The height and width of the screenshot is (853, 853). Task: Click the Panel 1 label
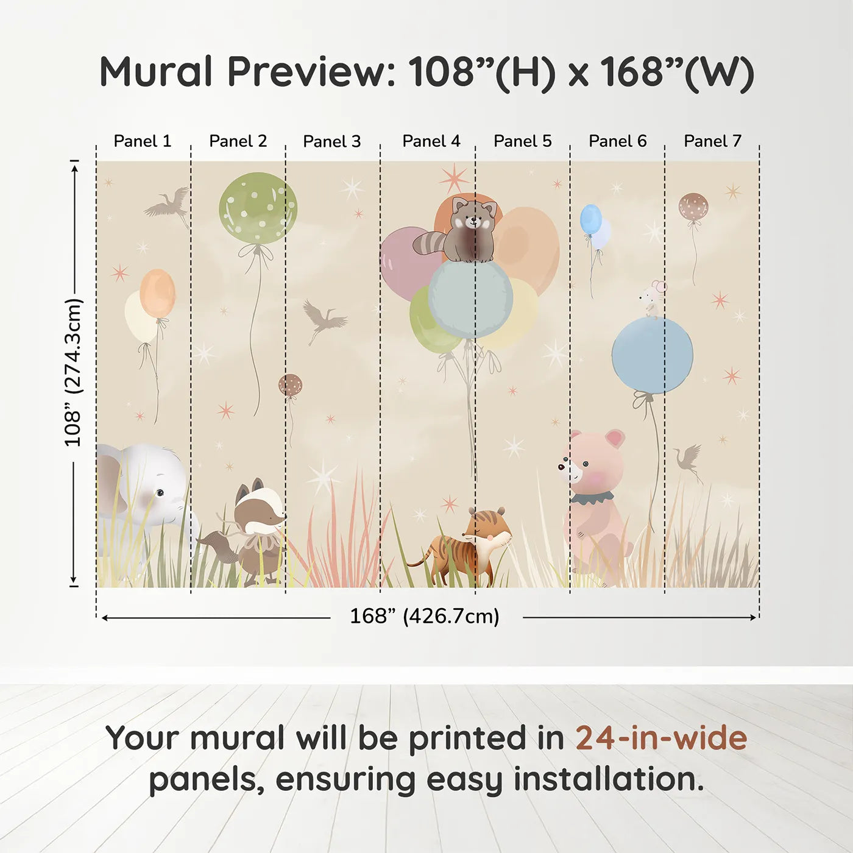143,141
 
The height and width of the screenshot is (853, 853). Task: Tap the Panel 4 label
431,141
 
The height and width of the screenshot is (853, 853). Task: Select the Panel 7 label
712,141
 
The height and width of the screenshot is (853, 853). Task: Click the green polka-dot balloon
258,208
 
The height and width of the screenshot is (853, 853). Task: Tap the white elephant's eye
160,492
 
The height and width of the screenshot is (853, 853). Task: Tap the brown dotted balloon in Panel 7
693,207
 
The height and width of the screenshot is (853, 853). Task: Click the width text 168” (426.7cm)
425,617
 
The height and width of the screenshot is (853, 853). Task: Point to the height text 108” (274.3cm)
73,373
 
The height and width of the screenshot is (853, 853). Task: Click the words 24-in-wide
661,738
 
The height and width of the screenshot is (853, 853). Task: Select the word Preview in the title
311,72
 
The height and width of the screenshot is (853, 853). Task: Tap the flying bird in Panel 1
168,204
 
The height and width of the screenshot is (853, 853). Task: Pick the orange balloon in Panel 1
157,293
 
